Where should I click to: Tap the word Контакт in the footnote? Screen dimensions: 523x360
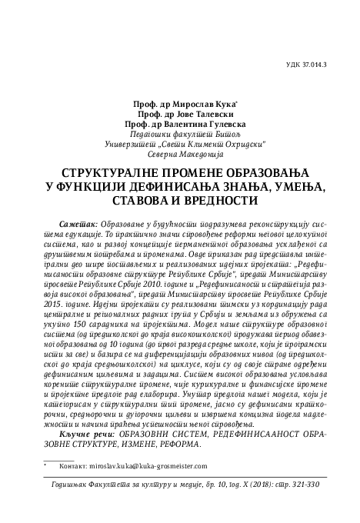pos(73,465)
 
